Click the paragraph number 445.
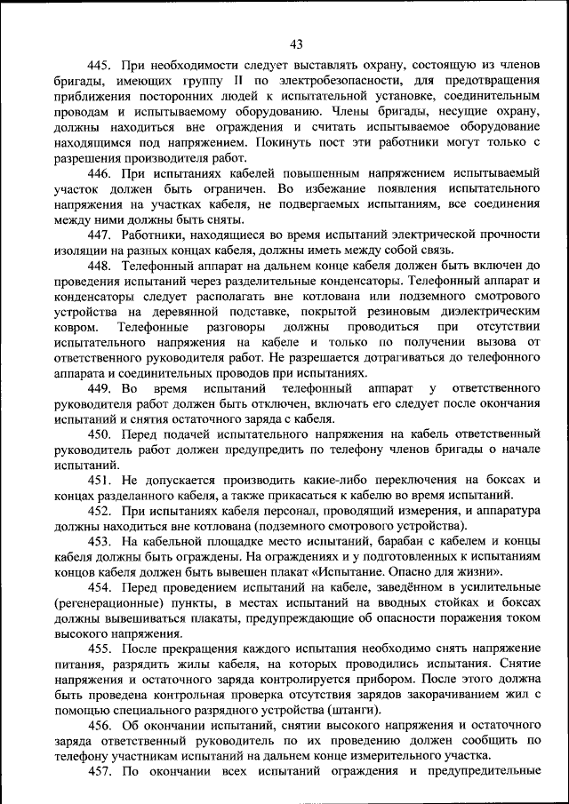click(99, 65)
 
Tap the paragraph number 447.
click(99, 234)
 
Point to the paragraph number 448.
click(99, 266)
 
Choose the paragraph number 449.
click(99, 388)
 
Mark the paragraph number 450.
click(99, 434)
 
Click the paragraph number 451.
click(99, 480)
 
